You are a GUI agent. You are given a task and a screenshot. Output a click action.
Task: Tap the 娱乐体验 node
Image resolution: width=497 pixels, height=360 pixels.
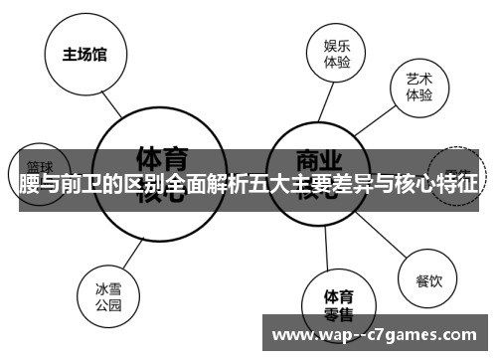tap(337, 53)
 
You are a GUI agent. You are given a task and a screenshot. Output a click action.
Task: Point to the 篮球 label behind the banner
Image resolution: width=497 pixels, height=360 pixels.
tap(40, 167)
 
